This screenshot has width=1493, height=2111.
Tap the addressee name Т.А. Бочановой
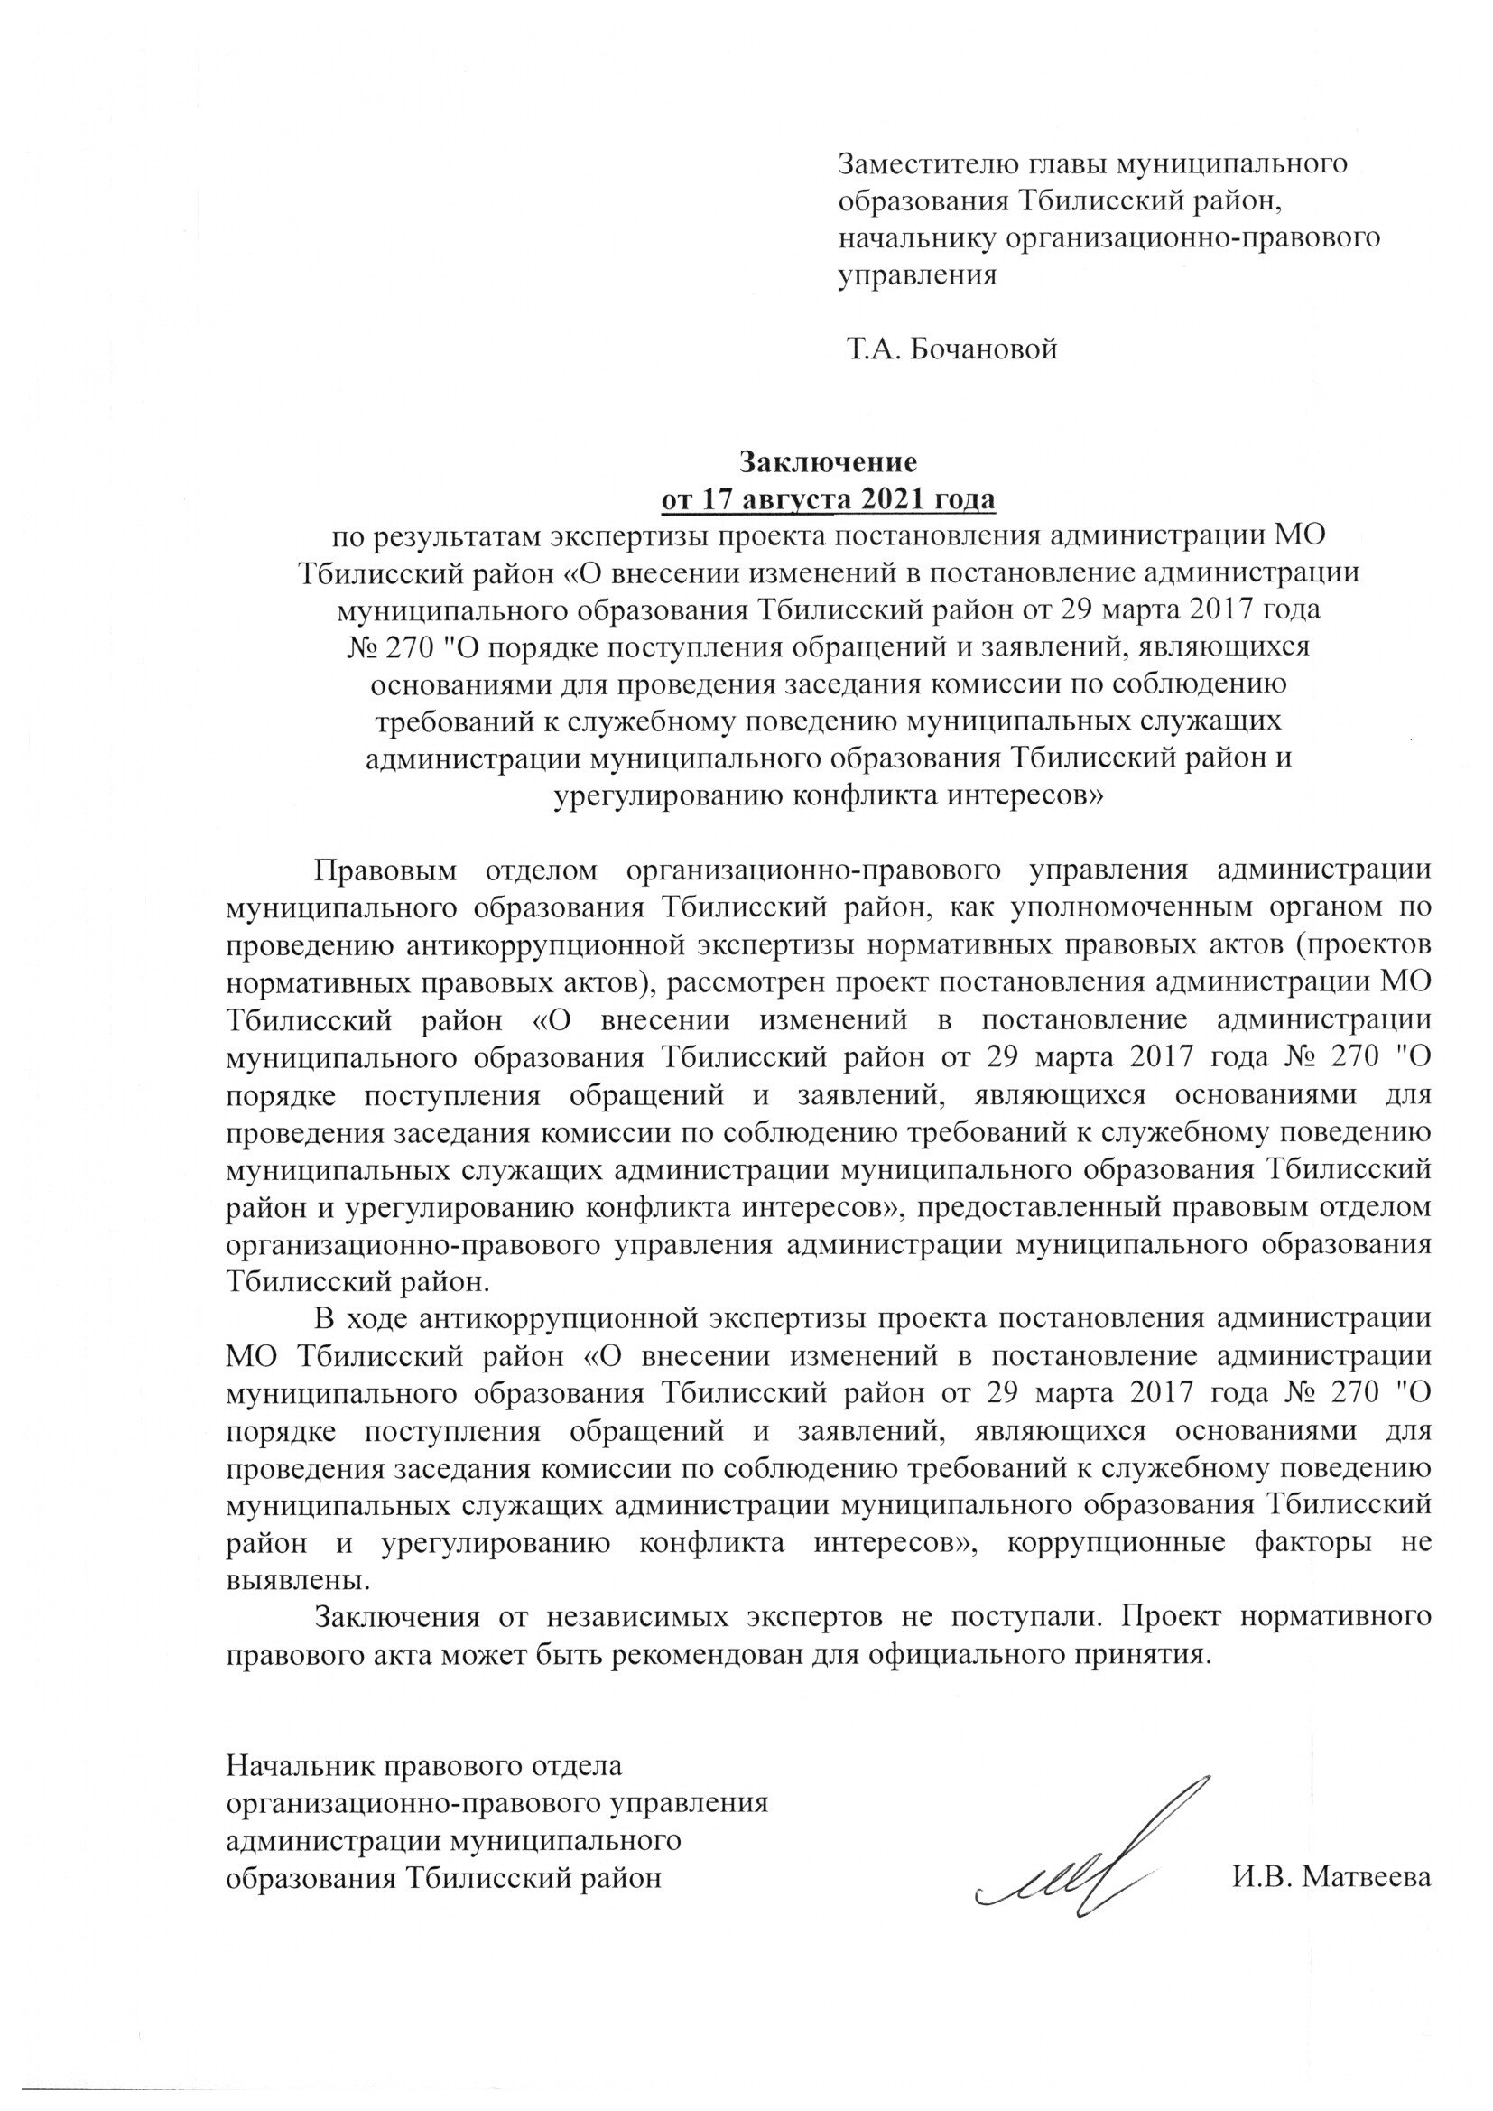(951, 349)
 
